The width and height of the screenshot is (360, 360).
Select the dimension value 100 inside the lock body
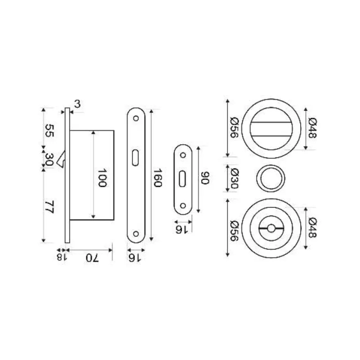pos(102,178)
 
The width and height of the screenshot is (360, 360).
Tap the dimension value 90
pos(205,178)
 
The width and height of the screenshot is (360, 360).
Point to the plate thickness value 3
pos(78,104)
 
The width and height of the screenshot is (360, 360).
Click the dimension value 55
pos(49,130)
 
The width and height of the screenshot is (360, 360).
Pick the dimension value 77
pos(49,207)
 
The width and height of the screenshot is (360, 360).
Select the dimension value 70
pos(92,258)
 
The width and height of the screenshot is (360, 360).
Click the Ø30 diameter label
pos(234,178)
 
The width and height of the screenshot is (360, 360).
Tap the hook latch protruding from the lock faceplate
pos(61,159)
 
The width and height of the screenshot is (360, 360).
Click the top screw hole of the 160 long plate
pos(136,119)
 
